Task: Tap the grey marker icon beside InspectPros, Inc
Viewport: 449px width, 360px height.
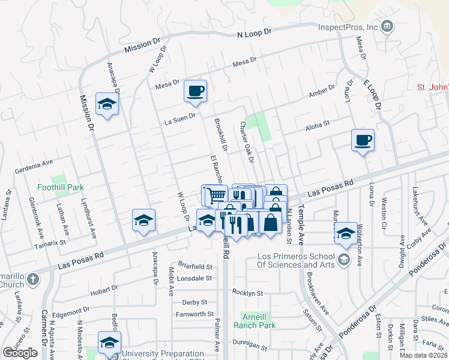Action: click(387, 26)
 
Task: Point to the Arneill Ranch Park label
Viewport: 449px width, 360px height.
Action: click(258, 321)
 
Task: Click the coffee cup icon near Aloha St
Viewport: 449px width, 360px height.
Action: click(363, 140)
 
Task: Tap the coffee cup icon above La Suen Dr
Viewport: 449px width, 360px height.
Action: click(196, 91)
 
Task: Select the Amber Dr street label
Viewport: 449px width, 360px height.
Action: click(321, 91)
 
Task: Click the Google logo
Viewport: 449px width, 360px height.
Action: click(20, 353)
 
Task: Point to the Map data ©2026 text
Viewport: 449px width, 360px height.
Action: click(424, 355)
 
